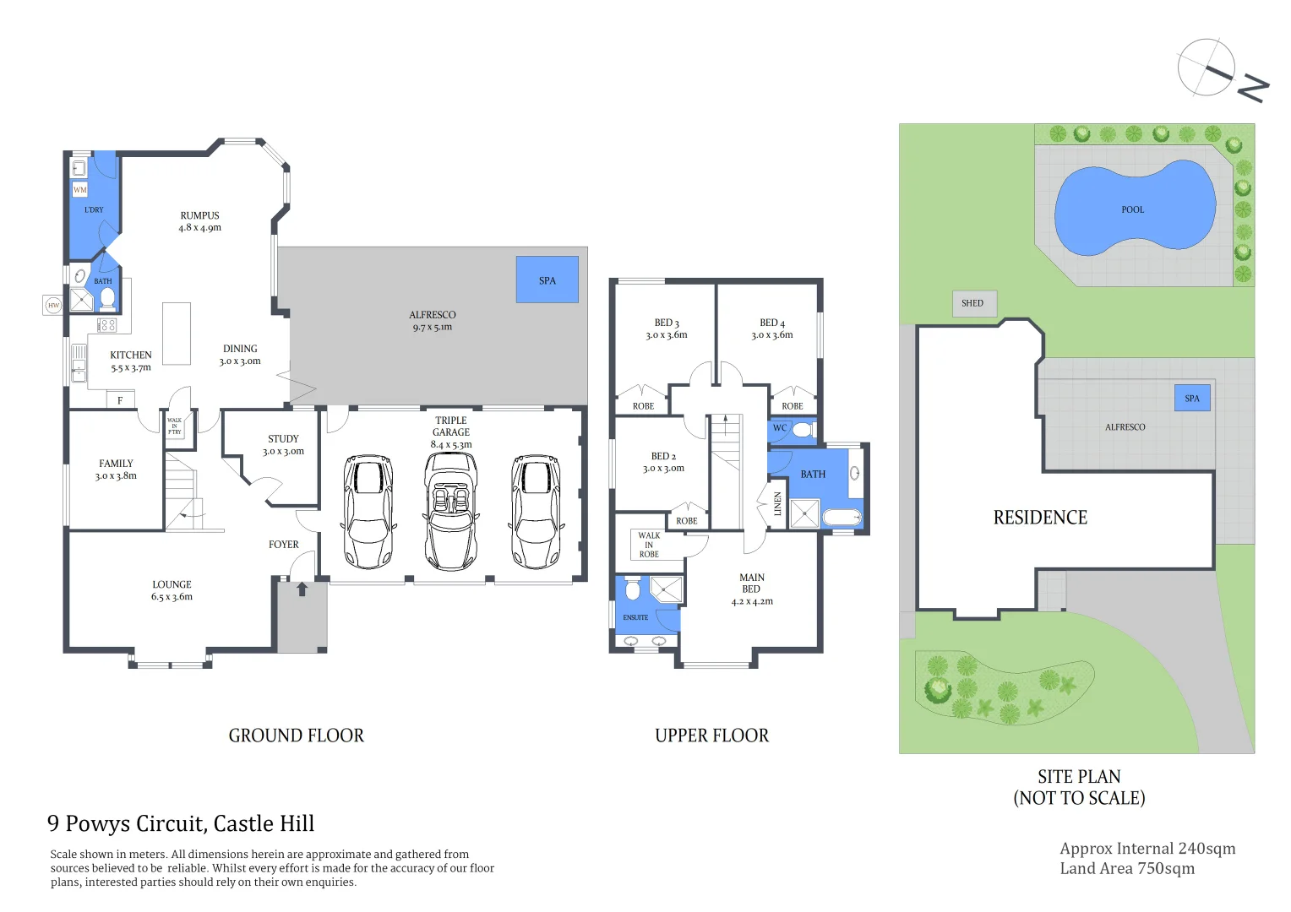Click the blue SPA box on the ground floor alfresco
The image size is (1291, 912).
[x=547, y=280]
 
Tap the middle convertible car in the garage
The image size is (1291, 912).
[x=451, y=512]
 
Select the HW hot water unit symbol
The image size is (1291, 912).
[x=53, y=305]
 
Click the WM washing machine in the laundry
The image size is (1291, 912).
[x=80, y=190]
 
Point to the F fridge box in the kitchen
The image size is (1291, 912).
[x=120, y=400]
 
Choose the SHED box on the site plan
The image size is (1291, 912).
[x=973, y=303]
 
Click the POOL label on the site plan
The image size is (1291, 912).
[x=1132, y=209]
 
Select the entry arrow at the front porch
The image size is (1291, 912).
[x=302, y=589]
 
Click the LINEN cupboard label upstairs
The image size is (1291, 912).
[x=778, y=504]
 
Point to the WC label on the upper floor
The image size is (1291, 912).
[x=780, y=428]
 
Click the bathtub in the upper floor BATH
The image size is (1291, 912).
[x=841, y=518]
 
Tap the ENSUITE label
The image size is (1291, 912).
[x=635, y=617]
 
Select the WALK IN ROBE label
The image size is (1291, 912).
[x=649, y=545]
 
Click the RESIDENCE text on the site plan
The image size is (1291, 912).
[x=1040, y=518]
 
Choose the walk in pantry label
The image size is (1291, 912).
[x=174, y=426]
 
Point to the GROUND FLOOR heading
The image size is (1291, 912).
[x=296, y=736]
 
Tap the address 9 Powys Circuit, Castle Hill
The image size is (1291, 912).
[x=181, y=823]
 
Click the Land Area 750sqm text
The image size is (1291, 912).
[x=1127, y=869]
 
